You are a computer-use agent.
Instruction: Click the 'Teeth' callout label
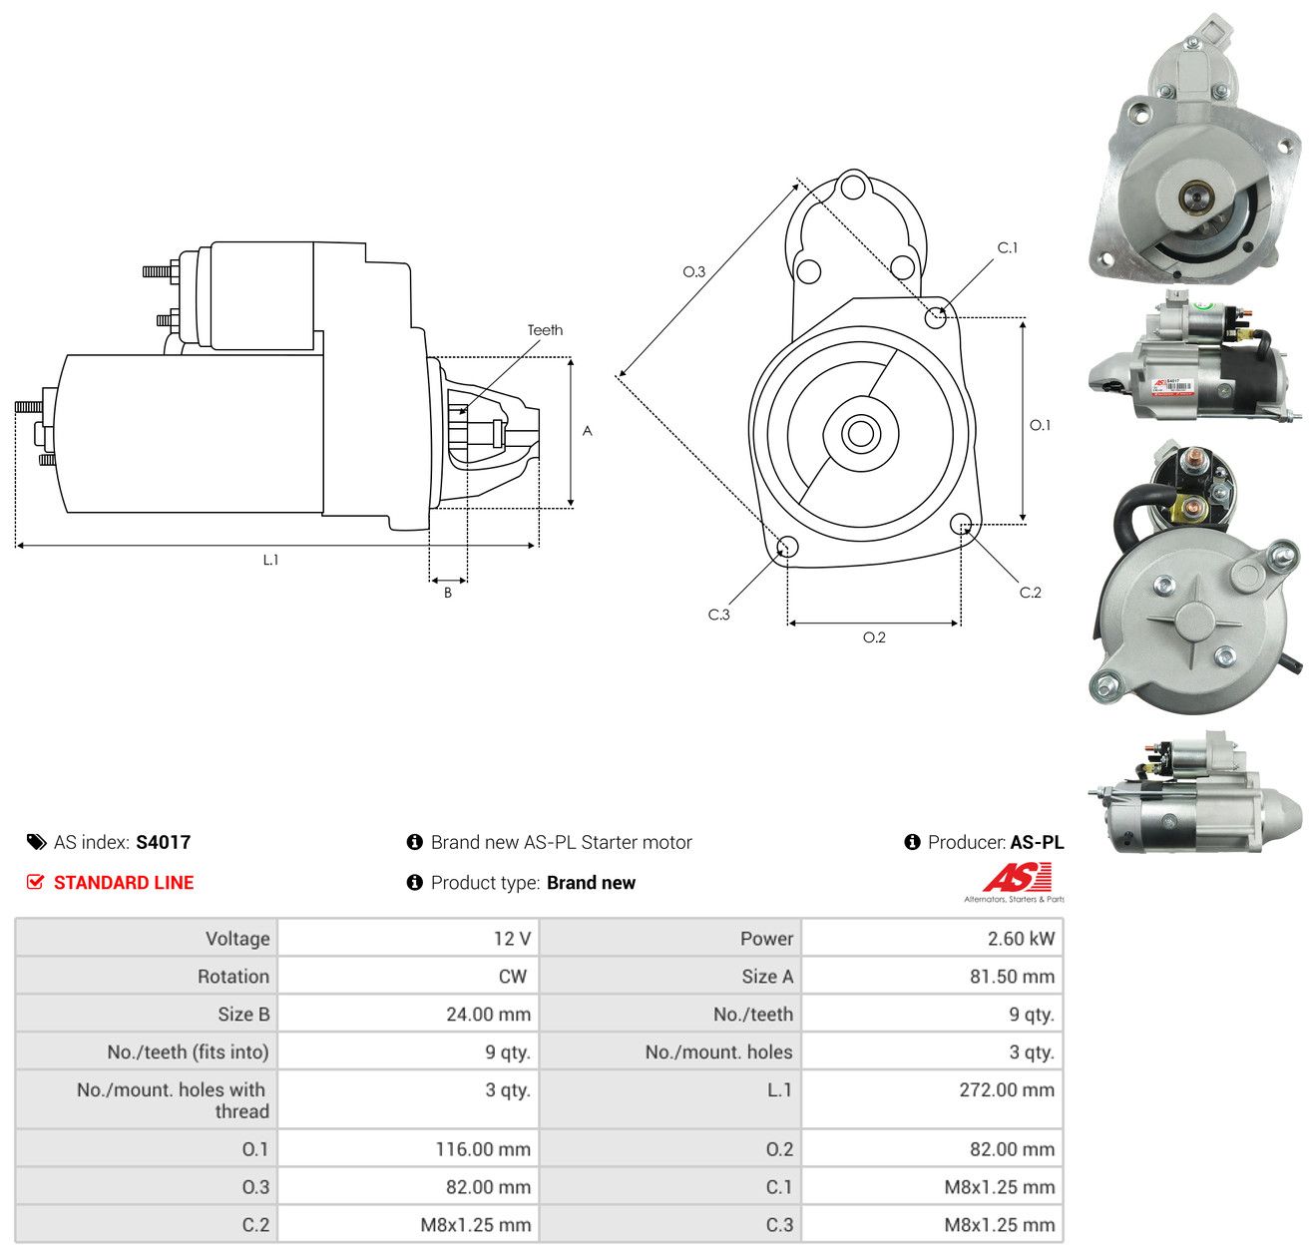coord(545,330)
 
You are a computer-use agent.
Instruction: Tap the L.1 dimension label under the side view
coord(270,560)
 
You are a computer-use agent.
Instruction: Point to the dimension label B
coord(447,593)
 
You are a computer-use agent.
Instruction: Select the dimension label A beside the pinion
coord(587,430)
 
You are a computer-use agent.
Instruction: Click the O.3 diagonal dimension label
coord(693,271)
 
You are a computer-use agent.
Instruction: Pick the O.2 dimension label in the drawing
coord(874,636)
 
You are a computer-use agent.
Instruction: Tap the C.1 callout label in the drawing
coord(1007,247)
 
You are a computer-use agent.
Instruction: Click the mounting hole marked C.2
coord(961,524)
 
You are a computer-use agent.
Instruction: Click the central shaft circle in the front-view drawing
coord(860,434)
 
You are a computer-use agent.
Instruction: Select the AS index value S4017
coord(164,842)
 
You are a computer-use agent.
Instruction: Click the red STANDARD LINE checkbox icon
coord(35,882)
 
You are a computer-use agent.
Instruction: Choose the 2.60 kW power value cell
coord(932,938)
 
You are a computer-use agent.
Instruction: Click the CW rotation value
coord(512,977)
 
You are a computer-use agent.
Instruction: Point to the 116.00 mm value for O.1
coord(483,1149)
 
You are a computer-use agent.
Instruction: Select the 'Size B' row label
coord(243,1015)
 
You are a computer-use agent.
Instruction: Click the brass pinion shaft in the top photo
coord(1195,197)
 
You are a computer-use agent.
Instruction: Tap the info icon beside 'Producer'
coord(912,842)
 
